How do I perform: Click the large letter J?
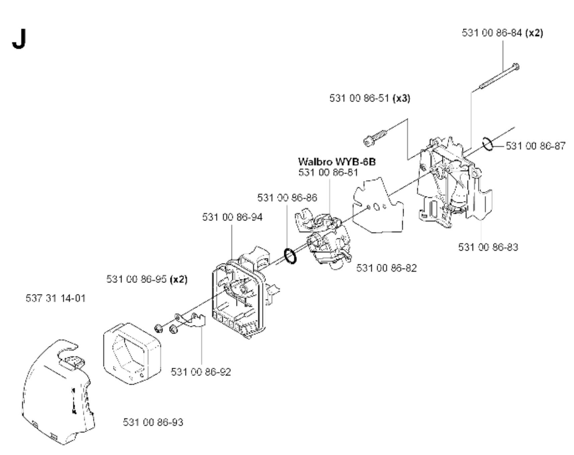(19, 40)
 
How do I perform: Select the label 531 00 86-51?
(360, 98)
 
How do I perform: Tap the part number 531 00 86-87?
(536, 146)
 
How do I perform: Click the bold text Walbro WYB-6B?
(337, 162)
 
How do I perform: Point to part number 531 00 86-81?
(328, 173)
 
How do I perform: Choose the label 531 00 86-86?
(287, 198)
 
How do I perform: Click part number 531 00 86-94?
(232, 217)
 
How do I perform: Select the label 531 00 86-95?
(136, 279)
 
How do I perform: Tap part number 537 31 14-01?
(56, 298)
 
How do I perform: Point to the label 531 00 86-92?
(201, 372)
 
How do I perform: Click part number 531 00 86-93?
(153, 422)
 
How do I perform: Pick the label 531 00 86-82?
(386, 268)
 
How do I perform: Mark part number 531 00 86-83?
(488, 247)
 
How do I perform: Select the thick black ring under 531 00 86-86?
(290, 256)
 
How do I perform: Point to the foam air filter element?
(132, 354)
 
